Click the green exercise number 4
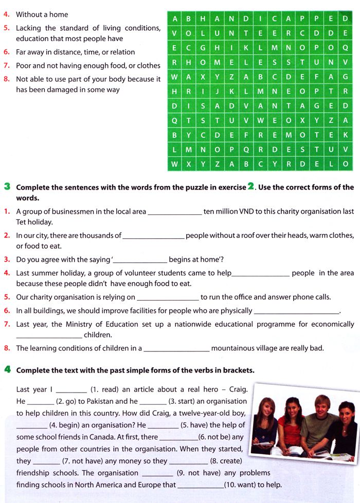click(x=7, y=370)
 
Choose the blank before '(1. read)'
click(x=71, y=390)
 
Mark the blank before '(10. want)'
click(x=200, y=485)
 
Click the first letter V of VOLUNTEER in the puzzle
click(x=175, y=33)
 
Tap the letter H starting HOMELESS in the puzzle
click(x=189, y=62)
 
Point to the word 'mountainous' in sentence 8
click(x=236, y=348)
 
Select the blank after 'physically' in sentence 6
click(x=297, y=311)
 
